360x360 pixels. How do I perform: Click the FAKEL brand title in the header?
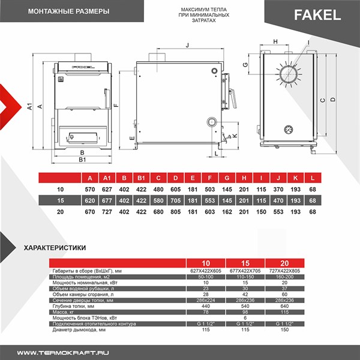317,15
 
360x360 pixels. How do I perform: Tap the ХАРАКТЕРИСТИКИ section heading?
54,247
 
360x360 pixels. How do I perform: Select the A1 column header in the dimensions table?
106,178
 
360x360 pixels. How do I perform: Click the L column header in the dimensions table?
313,178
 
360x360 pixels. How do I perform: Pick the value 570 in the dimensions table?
89,189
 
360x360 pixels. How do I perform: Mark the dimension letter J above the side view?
187,45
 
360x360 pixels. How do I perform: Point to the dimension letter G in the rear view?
245,64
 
